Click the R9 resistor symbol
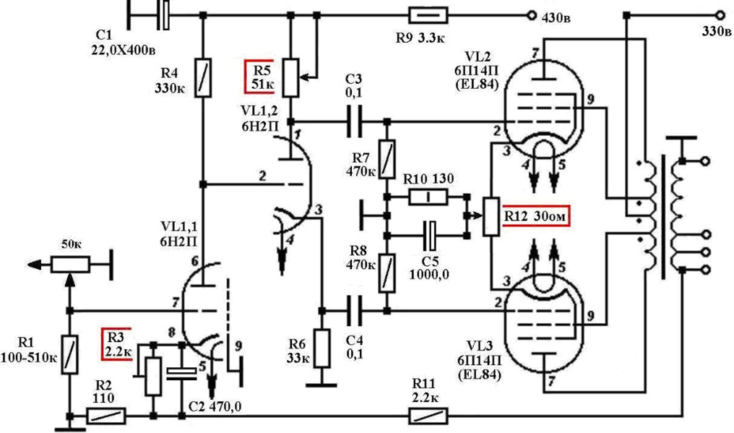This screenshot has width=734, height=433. [428, 15]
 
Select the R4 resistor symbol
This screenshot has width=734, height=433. [203, 78]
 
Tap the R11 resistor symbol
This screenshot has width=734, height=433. [428, 416]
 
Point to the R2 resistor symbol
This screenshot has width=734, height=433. [106, 416]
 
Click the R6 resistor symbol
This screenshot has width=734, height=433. [321, 348]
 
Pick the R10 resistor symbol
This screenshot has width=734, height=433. [428, 197]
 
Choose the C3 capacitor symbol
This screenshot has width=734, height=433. [355, 121]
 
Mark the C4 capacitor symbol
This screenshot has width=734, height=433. [355, 310]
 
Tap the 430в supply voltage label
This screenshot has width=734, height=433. [556, 18]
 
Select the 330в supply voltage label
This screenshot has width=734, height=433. [716, 32]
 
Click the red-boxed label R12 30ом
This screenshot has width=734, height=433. [535, 217]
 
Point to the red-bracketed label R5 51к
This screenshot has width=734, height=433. [259, 77]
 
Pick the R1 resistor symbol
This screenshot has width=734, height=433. [70, 354]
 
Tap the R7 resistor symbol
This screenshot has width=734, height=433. [387, 159]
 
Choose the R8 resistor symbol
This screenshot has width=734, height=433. [387, 273]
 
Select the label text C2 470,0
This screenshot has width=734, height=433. [215, 407]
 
